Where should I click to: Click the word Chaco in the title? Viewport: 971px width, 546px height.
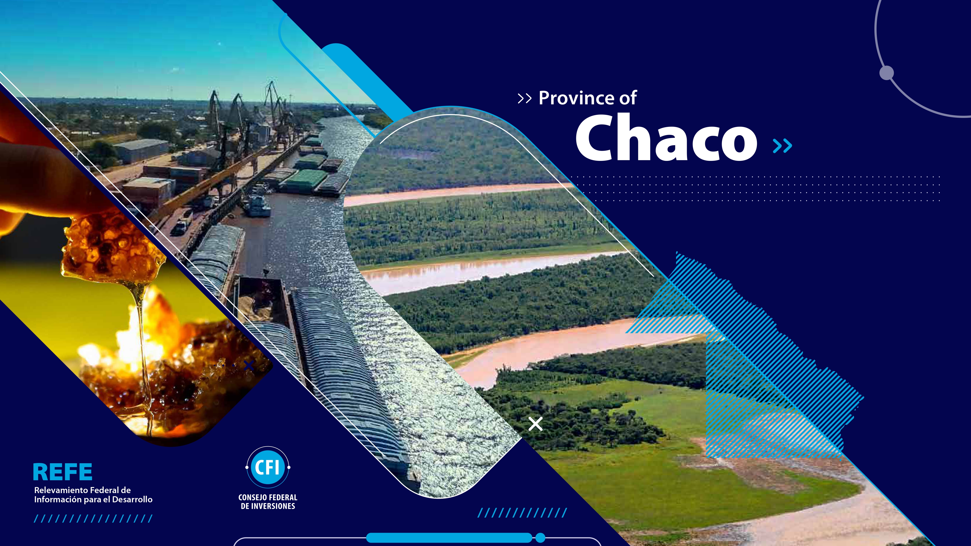tap(666, 138)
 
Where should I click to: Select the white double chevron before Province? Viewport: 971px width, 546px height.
tap(524, 99)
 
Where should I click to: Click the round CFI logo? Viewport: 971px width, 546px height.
tap(268, 467)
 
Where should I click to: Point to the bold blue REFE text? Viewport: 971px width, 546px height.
tap(63, 472)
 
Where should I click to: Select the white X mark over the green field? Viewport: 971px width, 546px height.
tap(535, 424)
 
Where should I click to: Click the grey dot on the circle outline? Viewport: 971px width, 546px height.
tap(887, 73)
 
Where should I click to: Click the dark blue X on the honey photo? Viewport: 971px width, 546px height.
tap(249, 365)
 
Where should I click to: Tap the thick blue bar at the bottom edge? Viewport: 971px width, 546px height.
tap(449, 538)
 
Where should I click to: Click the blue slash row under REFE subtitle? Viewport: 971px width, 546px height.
tap(93, 519)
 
